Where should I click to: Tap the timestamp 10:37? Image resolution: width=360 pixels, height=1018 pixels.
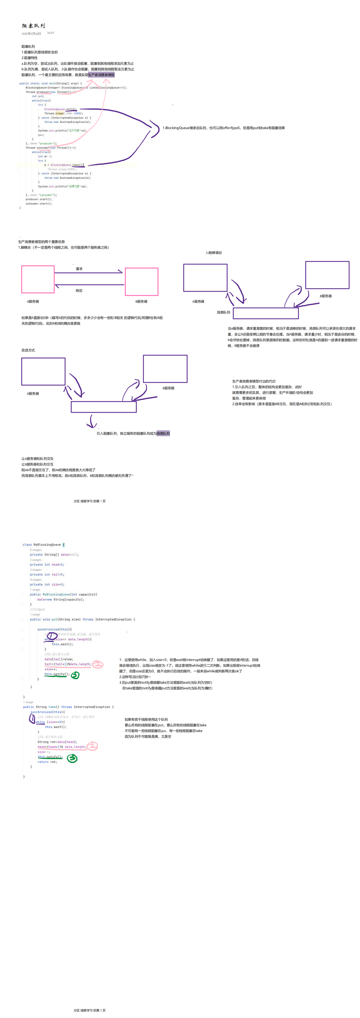51,33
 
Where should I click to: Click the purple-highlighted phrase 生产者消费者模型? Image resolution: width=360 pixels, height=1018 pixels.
101,75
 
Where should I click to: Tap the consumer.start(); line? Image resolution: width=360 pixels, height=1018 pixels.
39,203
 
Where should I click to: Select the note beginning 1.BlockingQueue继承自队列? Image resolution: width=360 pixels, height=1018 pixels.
223,128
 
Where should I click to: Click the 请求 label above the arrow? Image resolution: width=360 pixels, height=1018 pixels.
79,269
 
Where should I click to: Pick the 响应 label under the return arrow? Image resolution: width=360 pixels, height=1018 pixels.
79,291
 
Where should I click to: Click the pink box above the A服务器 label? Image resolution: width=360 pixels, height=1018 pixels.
37,279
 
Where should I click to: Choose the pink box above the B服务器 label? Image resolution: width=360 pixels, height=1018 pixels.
142,281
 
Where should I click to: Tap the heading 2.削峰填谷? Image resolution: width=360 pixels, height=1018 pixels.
214,252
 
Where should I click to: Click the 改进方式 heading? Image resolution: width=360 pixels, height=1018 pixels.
28,350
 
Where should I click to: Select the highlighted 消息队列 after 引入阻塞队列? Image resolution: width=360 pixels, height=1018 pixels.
163,433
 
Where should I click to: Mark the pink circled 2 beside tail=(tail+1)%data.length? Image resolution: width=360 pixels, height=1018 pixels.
98,664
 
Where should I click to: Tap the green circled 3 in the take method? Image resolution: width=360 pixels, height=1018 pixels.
72,758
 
